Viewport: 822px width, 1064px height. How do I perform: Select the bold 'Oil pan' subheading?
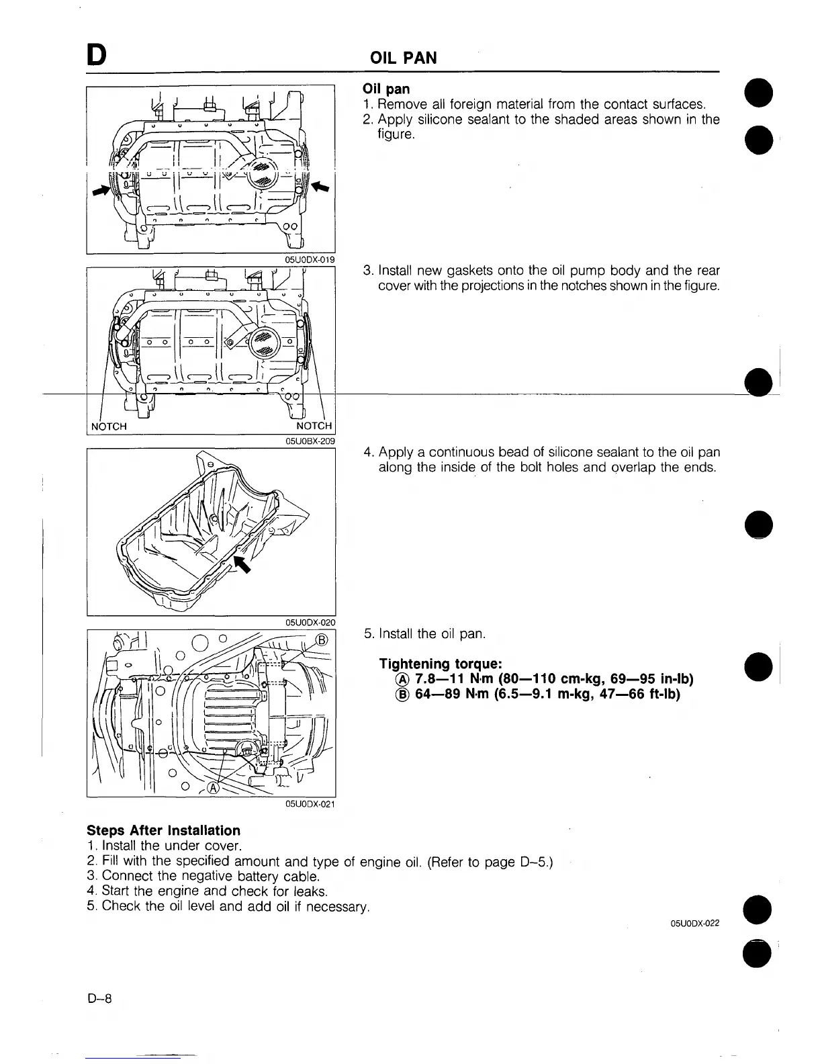[x=386, y=89]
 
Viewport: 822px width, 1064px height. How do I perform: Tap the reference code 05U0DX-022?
[x=695, y=924]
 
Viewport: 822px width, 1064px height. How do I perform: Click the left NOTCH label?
[x=109, y=427]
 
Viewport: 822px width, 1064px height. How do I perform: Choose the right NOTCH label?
[x=314, y=427]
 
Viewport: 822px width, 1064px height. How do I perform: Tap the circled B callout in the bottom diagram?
[x=322, y=639]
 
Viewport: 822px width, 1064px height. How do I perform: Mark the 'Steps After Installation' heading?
[x=163, y=831]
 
